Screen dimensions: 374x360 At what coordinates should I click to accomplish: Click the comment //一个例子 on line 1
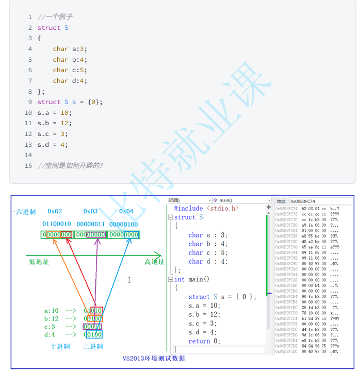point(55,17)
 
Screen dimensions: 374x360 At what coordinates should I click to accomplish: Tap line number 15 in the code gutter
point(28,165)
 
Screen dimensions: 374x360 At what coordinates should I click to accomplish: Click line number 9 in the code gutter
point(30,102)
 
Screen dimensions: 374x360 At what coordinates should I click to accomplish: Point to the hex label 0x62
point(55,211)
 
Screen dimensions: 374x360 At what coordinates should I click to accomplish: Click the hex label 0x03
point(90,211)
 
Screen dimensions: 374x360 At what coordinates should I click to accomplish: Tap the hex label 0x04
point(126,211)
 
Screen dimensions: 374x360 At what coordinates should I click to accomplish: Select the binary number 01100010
point(57,224)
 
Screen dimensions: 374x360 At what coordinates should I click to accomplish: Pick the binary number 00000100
point(123,224)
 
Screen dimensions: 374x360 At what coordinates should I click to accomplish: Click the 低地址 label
point(39,262)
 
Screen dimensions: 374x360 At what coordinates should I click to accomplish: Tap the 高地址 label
point(154,262)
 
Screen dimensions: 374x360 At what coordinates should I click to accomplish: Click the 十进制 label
point(60,346)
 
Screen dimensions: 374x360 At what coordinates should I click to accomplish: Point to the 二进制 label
point(93,346)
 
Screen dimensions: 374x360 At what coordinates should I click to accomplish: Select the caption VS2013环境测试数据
point(154,358)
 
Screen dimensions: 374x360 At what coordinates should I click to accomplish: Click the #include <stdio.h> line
point(206,208)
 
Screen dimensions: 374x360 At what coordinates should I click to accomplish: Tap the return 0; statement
point(204,341)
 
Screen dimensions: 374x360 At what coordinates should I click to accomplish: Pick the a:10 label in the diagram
point(52,311)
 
